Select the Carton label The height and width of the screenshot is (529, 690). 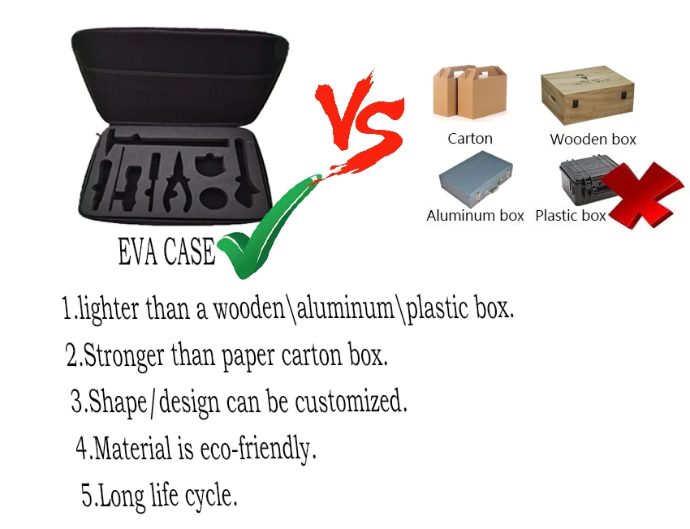click(470, 139)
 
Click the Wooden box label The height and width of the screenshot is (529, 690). click(593, 140)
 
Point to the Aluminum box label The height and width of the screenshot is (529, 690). click(475, 216)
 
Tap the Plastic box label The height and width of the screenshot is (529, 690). click(571, 216)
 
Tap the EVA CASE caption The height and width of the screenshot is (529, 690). click(166, 252)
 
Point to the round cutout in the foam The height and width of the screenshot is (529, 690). click(214, 200)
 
